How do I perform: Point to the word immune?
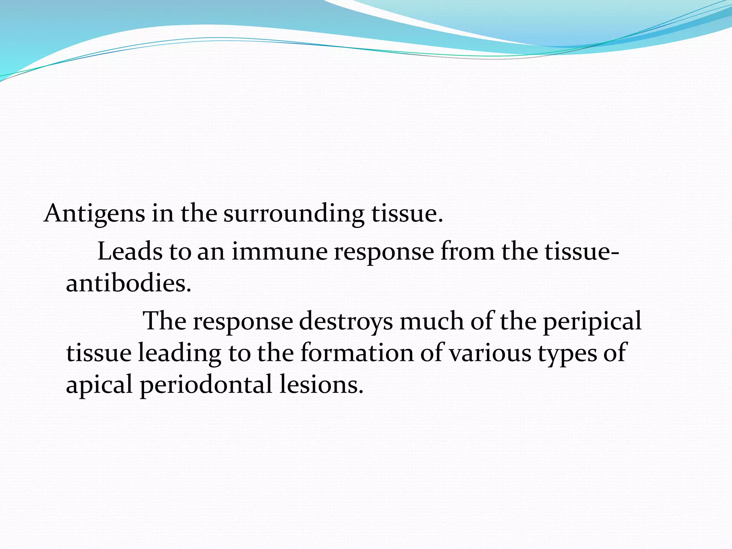pyautogui.click(x=280, y=251)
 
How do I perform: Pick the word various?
pyautogui.click(x=490, y=353)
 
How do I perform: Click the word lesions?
pyautogui.click(x=321, y=385)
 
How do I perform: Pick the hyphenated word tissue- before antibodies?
pyautogui.click(x=582, y=251)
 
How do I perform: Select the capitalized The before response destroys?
pyautogui.click(x=164, y=321)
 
